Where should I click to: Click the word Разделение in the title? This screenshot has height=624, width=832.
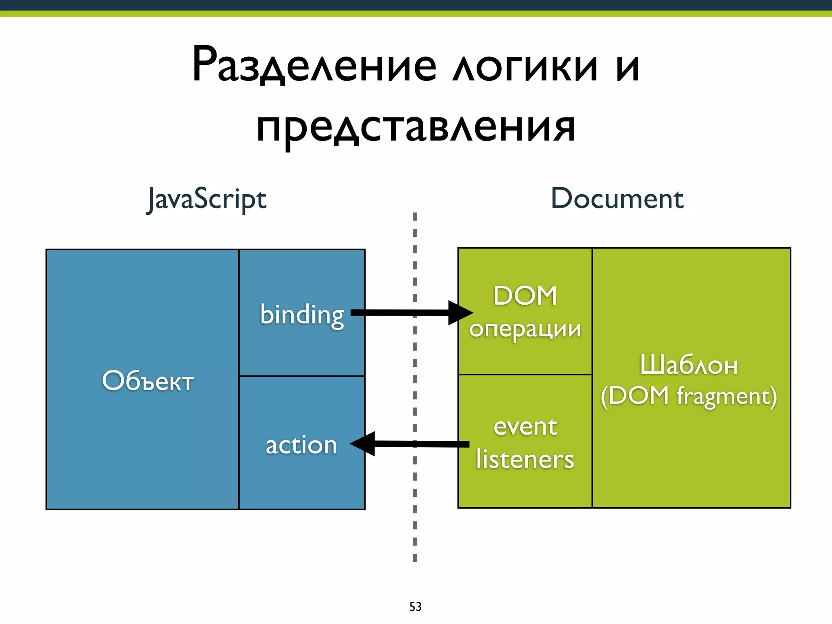pyautogui.click(x=314, y=65)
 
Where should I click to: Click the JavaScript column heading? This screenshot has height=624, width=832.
pyautogui.click(x=207, y=199)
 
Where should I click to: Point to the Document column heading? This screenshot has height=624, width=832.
pyautogui.click(x=617, y=199)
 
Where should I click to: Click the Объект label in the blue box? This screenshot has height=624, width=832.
pyautogui.click(x=147, y=381)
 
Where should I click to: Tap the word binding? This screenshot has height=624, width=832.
pyautogui.click(x=302, y=315)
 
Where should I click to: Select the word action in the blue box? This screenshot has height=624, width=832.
pyautogui.click(x=301, y=445)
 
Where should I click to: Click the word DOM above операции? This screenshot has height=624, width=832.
pyautogui.click(x=525, y=295)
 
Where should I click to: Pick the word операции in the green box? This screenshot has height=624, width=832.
pyautogui.click(x=525, y=329)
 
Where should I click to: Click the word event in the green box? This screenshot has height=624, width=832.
pyautogui.click(x=525, y=427)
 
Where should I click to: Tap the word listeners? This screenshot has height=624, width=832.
pyautogui.click(x=525, y=459)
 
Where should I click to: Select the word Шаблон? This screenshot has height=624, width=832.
pyautogui.click(x=689, y=364)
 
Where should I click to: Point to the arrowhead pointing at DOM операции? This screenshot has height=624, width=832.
pyautogui.click(x=460, y=313)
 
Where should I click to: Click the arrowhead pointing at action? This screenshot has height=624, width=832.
pyautogui.click(x=363, y=444)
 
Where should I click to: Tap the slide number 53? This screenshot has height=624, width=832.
pyautogui.click(x=415, y=607)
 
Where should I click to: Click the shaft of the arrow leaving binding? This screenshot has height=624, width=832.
pyautogui.click(x=398, y=312)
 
